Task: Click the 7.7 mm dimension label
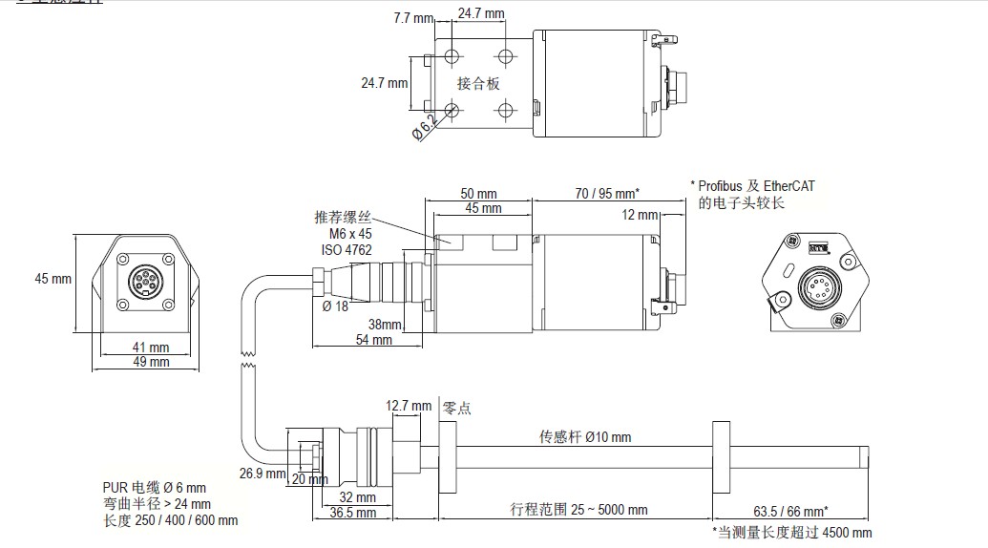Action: [413, 18]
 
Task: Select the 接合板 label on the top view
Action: [478, 83]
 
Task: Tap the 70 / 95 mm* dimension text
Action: [607, 193]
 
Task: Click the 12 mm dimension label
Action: [640, 215]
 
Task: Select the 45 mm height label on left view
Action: [53, 280]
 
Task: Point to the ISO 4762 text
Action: [346, 250]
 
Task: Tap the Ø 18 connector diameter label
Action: [336, 306]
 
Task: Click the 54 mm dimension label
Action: [373, 339]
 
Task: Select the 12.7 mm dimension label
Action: [409, 406]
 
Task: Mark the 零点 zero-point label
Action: [456, 409]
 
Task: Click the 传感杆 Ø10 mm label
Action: [585, 437]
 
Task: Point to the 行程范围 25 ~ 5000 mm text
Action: [586, 510]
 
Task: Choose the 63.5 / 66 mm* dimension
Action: [790, 510]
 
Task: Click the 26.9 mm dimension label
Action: [263, 473]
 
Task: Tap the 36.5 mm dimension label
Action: [352, 513]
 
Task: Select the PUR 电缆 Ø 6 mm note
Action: [155, 489]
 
